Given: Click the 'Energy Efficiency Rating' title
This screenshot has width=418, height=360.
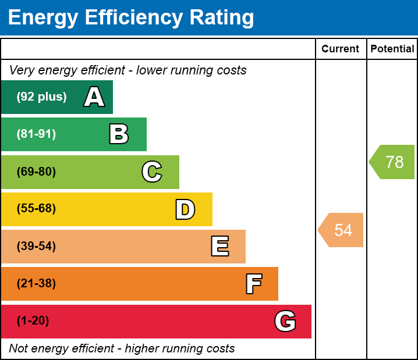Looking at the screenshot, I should (131, 18).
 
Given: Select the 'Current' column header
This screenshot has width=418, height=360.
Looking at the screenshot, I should (341, 49).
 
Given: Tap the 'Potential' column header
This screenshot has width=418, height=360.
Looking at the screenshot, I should (392, 49).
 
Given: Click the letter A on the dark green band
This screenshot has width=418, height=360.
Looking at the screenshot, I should (94, 97).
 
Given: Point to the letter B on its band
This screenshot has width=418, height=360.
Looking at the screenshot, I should (119, 134).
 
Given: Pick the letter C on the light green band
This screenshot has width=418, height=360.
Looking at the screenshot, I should (152, 172).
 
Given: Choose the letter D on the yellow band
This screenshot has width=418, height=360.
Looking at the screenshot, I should (185, 209).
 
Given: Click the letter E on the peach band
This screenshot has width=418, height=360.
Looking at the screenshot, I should (219, 247).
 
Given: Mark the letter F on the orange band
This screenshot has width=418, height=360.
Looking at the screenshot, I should (253, 284).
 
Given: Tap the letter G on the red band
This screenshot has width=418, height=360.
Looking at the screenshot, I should (285, 321).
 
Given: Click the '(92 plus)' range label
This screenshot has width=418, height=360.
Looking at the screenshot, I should (41, 97).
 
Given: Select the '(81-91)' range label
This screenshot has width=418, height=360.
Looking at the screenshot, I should (36, 134).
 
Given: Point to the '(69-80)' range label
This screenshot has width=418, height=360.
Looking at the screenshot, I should (36, 172).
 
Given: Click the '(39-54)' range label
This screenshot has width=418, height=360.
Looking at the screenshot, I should (36, 247).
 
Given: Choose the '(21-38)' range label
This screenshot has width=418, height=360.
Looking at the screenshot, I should (36, 284).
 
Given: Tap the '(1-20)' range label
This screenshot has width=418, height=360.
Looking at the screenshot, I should (33, 321).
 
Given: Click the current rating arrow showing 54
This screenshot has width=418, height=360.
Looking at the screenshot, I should (342, 230).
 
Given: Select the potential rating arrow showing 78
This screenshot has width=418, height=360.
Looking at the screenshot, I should (393, 162).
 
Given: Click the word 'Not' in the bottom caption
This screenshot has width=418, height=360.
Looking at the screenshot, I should (19, 349).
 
